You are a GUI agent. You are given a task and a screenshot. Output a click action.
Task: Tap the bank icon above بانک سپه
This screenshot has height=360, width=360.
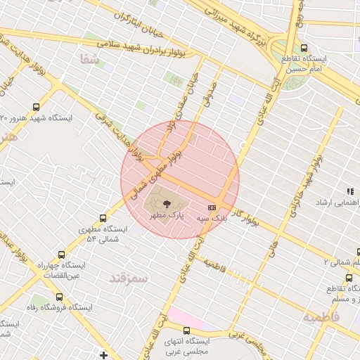pyautogui.click(x=212, y=207)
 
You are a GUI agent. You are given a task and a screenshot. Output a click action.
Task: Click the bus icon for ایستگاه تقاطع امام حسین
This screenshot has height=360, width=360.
pyautogui.click(x=304, y=48)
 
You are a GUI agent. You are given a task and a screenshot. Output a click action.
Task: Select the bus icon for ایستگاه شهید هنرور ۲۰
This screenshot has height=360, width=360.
pyautogui.click(x=36, y=108)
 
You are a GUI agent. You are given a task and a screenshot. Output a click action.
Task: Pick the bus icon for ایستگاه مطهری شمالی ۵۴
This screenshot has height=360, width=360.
pyautogui.click(x=103, y=219)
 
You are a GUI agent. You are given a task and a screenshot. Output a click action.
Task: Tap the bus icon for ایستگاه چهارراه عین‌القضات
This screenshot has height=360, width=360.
pyautogui.click(x=61, y=255)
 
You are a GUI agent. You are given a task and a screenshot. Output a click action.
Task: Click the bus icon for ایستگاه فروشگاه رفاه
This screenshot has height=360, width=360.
pyautogui.click(x=59, y=297)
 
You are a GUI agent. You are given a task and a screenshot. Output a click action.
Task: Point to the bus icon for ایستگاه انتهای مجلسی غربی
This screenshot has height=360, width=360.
pyautogui.click(x=186, y=330)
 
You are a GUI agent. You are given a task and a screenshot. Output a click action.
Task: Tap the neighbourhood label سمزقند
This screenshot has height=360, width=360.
pyautogui.click(x=129, y=278)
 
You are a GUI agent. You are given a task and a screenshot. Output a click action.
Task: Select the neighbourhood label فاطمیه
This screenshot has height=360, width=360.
pyautogui.click(x=321, y=318)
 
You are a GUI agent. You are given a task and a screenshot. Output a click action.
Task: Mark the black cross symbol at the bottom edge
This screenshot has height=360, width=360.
pyautogui.click(x=104, y=355)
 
